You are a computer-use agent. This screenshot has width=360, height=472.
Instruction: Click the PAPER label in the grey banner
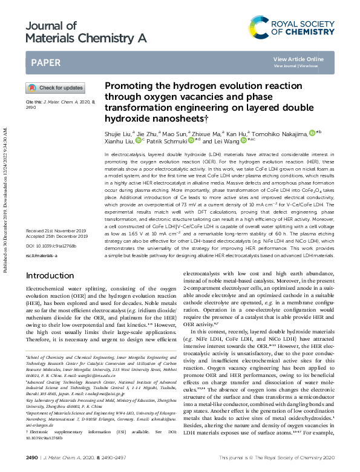pos(45,62)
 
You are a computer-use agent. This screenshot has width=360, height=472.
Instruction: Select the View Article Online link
pos(298,59)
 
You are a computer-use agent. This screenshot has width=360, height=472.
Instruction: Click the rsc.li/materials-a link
pos(41,255)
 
